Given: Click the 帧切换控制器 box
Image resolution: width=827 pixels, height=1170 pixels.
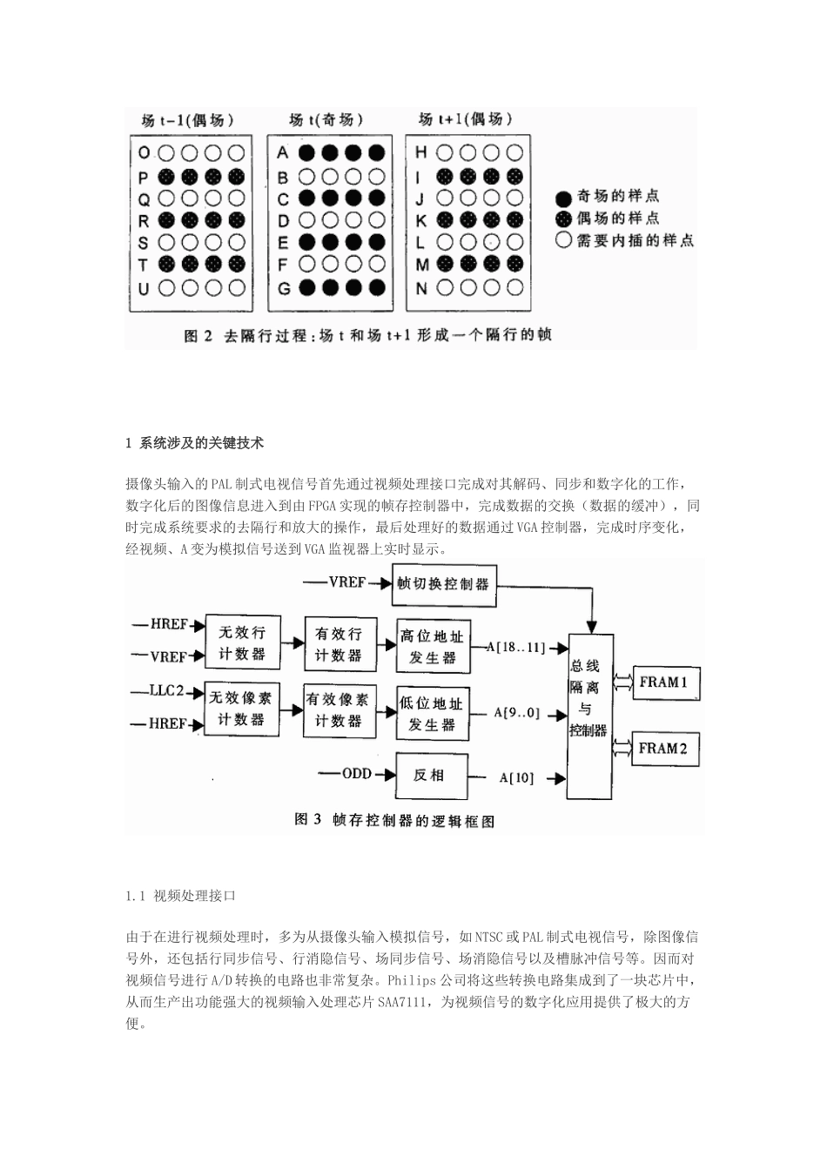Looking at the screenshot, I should pyautogui.click(x=443, y=583).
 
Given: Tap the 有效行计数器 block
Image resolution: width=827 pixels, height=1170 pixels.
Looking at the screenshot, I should pyautogui.click(x=338, y=644).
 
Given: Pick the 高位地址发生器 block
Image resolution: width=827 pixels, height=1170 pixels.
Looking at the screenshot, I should pyautogui.click(x=433, y=647).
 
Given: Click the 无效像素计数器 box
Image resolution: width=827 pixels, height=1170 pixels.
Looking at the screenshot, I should pyautogui.click(x=241, y=708).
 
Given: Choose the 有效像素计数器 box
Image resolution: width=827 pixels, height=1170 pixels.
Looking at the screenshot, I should pyautogui.click(x=338, y=709).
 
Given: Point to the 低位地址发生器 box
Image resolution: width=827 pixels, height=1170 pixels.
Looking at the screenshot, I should pyautogui.click(x=433, y=713).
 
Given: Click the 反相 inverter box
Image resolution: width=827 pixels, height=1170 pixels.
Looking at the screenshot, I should pyautogui.click(x=430, y=775).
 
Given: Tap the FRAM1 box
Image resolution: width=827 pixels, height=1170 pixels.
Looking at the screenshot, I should pyautogui.click(x=663, y=682).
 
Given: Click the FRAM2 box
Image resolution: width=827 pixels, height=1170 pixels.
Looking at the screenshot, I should pyautogui.click(x=663, y=747).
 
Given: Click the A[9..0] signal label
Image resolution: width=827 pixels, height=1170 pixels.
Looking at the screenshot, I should pyautogui.click(x=517, y=712).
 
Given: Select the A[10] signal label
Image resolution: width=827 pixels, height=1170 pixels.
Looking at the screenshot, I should pyautogui.click(x=516, y=777).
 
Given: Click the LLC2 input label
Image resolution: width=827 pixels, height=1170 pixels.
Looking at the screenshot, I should pyautogui.click(x=166, y=691).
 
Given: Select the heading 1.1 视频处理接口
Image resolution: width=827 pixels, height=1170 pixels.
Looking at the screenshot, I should pyautogui.click(x=181, y=895).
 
